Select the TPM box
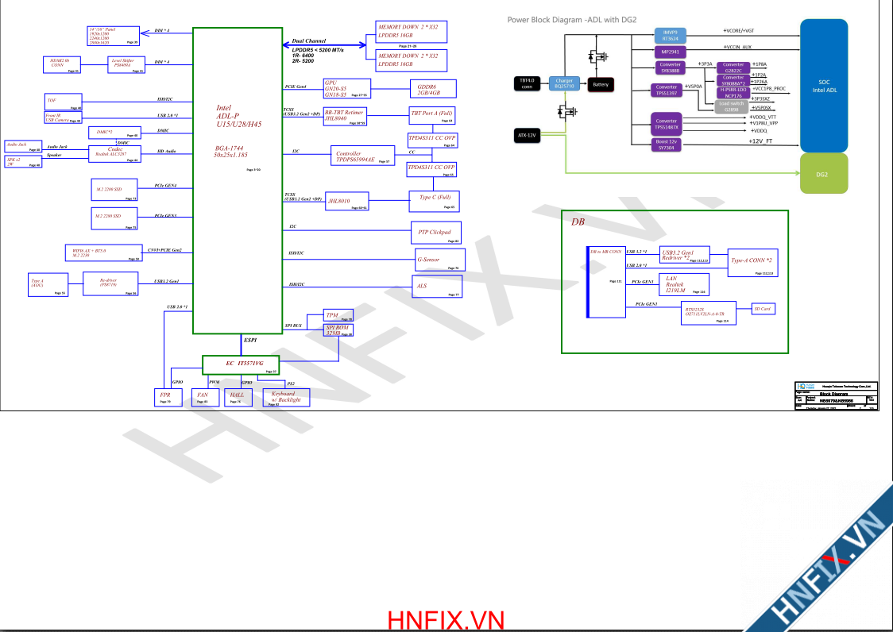(x=338, y=315)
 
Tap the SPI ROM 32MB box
(x=338, y=330)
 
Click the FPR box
(x=165, y=397)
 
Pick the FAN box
(x=203, y=397)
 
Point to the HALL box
(x=237, y=397)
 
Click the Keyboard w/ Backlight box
(x=286, y=397)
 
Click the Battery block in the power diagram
(x=601, y=84)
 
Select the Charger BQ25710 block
(x=564, y=83)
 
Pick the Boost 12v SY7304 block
(x=667, y=145)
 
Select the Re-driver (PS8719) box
(x=110, y=283)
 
